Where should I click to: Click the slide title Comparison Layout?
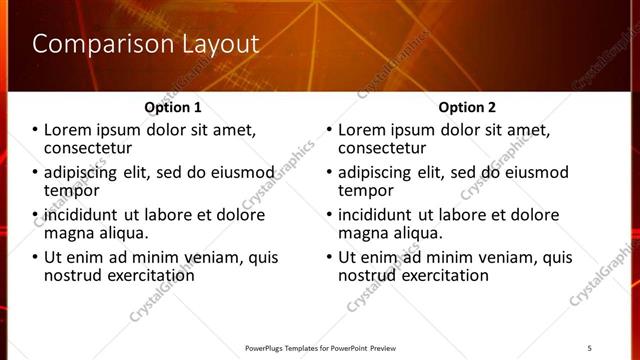pyautogui.click(x=146, y=44)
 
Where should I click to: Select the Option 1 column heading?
pyautogui.click(x=173, y=107)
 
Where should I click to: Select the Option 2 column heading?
pyautogui.click(x=466, y=107)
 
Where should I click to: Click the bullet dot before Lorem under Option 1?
pyautogui.click(x=35, y=130)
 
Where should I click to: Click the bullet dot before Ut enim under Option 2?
pyautogui.click(x=329, y=257)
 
